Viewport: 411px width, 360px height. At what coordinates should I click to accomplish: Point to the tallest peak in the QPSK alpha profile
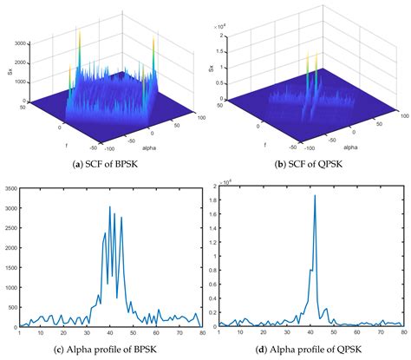coord(314,196)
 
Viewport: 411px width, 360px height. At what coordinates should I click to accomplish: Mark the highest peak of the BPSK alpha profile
coord(109,206)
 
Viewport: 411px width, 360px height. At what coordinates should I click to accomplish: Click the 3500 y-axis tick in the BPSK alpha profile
coord(10,184)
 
